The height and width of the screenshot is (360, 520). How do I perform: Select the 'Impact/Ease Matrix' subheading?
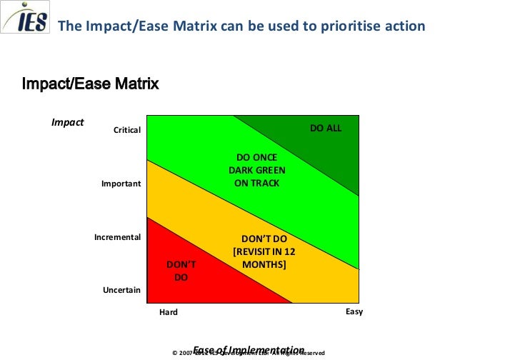point(91,84)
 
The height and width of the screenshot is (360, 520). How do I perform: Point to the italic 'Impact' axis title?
point(67,122)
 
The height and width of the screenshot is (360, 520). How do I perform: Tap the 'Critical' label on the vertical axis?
point(127,130)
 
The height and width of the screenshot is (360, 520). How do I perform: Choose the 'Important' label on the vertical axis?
point(121,184)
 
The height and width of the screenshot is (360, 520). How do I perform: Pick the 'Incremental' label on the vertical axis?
point(117,236)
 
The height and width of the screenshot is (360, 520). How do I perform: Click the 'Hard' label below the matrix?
point(168,312)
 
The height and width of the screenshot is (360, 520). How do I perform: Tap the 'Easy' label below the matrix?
point(354,311)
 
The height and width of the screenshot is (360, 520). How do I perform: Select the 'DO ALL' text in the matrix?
point(326,128)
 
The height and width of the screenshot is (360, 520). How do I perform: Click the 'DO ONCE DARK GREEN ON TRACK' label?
point(257,170)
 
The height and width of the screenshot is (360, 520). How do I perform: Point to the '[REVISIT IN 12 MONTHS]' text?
point(264,258)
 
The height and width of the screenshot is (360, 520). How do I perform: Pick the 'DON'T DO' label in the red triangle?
point(181,271)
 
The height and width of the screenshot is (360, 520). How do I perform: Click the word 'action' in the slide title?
point(403,26)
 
